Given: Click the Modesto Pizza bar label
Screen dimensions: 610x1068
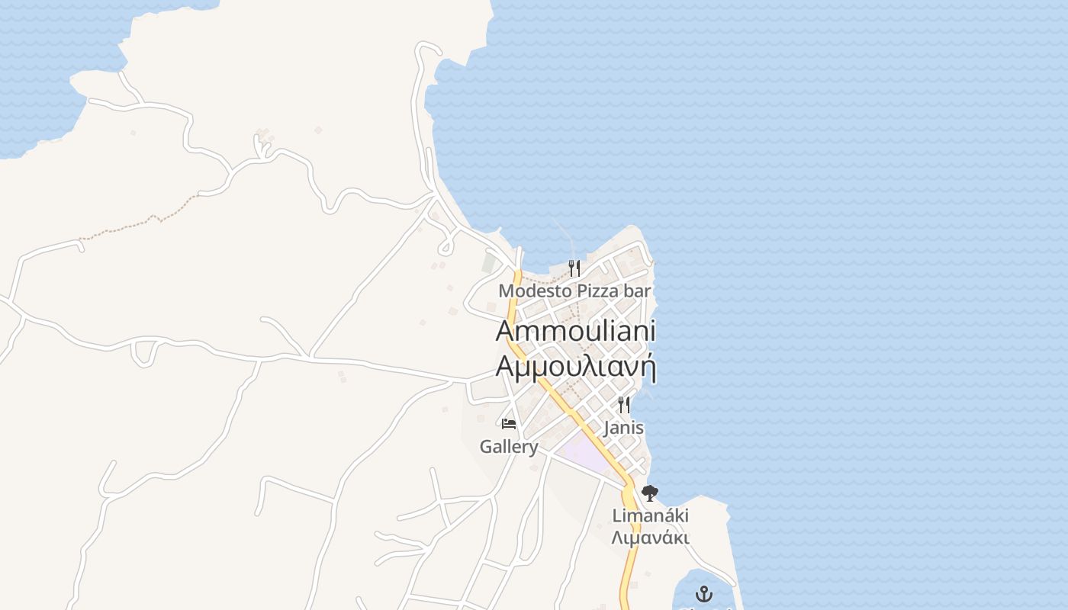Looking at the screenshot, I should [574, 291].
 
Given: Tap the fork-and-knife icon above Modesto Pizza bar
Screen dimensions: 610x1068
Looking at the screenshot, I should [574, 268].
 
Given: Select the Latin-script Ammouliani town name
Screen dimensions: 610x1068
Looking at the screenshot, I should [576, 332].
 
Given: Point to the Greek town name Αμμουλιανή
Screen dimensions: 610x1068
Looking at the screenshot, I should [576, 367].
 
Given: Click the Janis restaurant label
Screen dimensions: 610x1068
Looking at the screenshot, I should [623, 428].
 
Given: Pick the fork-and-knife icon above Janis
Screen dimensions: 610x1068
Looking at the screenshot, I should [624, 404].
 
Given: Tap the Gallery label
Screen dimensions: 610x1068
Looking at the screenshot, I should [509, 447].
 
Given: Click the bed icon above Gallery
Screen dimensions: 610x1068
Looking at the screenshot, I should [509, 424].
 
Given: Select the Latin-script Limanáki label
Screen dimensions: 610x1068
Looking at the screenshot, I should [650, 516].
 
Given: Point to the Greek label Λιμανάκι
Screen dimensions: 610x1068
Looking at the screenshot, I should [650, 538].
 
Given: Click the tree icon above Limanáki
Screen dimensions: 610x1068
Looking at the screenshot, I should [650, 493].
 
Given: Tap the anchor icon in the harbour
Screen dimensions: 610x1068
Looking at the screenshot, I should [703, 593].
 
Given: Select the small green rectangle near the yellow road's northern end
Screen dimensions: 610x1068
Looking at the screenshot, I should [489, 263].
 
